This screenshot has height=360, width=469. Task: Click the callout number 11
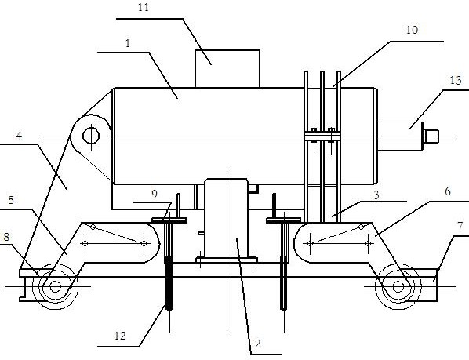[144, 7]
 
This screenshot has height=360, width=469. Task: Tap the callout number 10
[412, 30]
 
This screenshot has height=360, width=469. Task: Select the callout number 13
[456, 80]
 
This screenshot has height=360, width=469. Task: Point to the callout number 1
[128, 43]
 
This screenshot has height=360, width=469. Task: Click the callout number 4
[19, 136]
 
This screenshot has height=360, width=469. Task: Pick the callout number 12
[120, 336]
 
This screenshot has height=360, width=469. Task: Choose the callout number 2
[258, 344]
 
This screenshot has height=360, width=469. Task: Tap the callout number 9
[155, 195]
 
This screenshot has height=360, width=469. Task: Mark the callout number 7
[460, 226]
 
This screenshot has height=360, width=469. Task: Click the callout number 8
[6, 237]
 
